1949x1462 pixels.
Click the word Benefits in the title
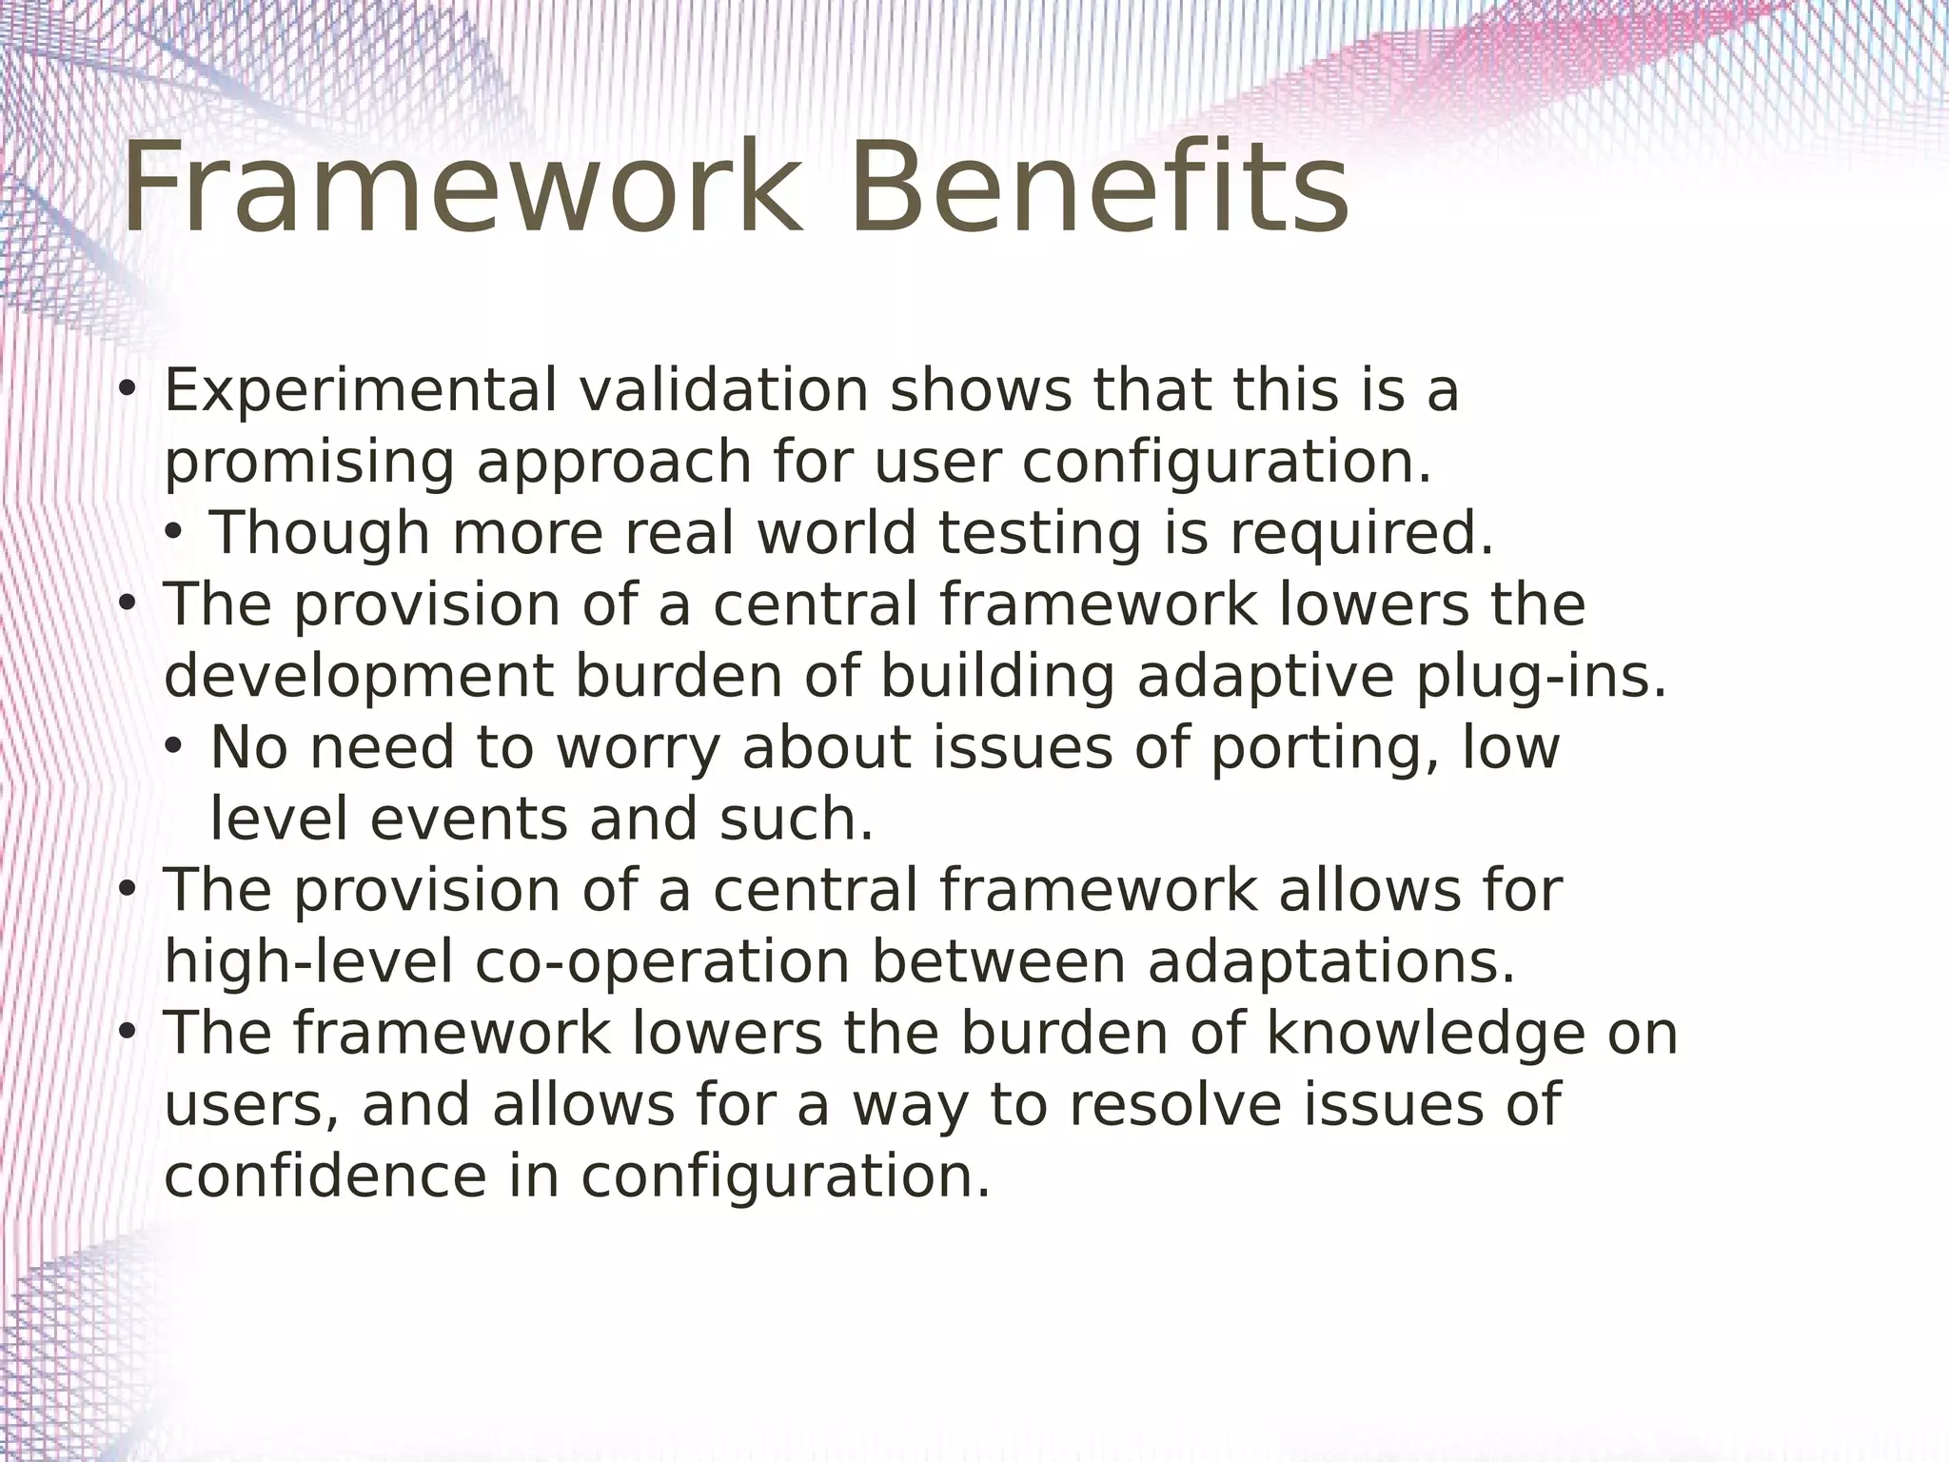point(1098,188)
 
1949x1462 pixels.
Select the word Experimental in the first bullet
point(360,391)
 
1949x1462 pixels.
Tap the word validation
point(723,391)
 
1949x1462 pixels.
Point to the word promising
point(309,463)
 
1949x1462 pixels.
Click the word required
point(1361,535)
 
